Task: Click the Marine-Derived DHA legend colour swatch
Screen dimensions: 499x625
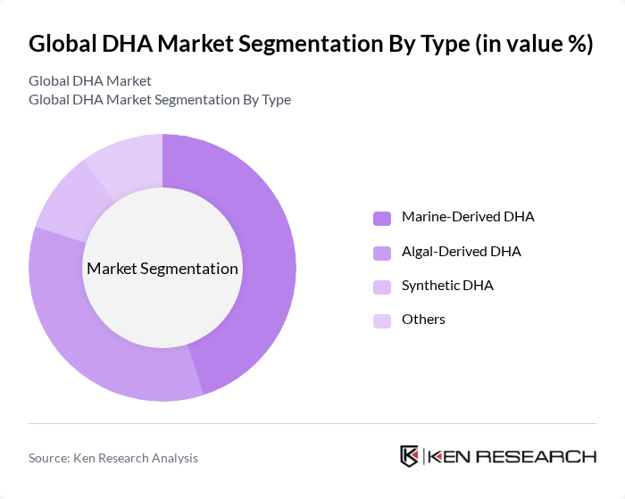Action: coord(382,218)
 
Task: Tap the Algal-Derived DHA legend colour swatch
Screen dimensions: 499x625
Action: coord(382,253)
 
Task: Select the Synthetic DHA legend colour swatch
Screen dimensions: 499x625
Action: coord(382,287)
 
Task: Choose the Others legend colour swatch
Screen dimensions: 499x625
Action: coord(382,320)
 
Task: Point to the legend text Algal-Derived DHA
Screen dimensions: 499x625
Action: coord(461,252)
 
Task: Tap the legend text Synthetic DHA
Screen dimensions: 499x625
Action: coord(447,286)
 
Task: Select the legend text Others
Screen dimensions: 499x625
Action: coord(423,320)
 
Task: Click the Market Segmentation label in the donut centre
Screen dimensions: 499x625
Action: coord(162,269)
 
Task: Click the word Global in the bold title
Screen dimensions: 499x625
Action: coord(61,44)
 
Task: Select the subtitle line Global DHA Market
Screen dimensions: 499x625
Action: coord(89,81)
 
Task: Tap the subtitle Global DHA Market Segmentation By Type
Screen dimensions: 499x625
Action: coord(160,99)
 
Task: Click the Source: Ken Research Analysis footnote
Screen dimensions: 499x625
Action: coord(113,458)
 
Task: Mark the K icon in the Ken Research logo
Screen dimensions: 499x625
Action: coord(410,456)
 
